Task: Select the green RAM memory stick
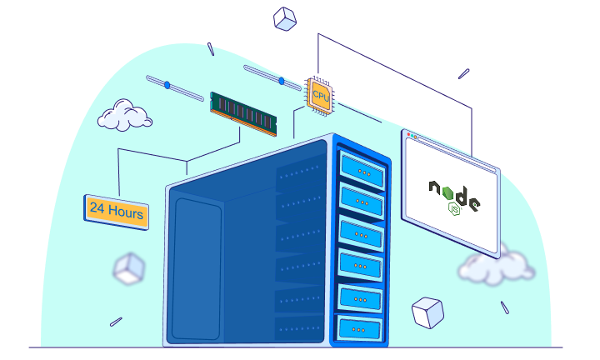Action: point(242,113)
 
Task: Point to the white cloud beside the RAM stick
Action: point(124,116)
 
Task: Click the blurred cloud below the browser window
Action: point(495,266)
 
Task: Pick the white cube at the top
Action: point(285,18)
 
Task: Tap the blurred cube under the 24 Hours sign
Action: point(128,268)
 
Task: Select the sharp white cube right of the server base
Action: point(427,312)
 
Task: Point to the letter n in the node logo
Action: point(437,188)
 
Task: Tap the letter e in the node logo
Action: point(474,203)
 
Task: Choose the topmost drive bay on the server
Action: point(362,170)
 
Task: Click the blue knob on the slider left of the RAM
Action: point(167,85)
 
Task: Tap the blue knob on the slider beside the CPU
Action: point(282,81)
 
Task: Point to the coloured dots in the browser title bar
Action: point(411,134)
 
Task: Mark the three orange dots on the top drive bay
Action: point(363,171)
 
